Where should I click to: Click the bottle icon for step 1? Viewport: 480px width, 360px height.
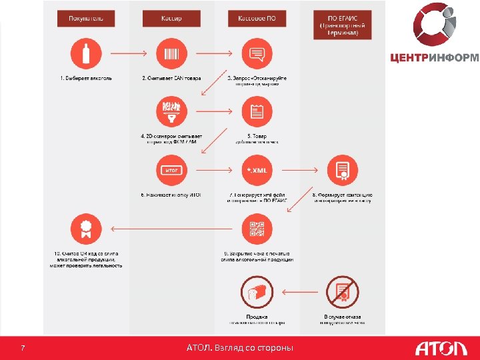85,53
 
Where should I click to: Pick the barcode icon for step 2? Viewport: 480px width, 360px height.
171,53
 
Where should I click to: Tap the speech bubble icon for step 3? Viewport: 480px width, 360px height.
257,53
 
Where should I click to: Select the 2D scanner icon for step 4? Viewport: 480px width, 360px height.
171,111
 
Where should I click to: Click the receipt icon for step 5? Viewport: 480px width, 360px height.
257,111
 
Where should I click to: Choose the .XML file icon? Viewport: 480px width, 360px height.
257,169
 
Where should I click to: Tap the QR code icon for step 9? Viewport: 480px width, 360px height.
257,229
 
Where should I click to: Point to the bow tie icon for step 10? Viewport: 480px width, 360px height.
85,229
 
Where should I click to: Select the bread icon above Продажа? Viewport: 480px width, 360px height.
257,291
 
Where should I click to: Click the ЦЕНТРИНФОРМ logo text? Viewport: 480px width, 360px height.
434,57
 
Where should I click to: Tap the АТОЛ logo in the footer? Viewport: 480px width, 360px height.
441,348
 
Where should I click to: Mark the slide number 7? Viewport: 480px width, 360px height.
23,348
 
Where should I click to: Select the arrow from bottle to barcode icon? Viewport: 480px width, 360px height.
128,53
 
